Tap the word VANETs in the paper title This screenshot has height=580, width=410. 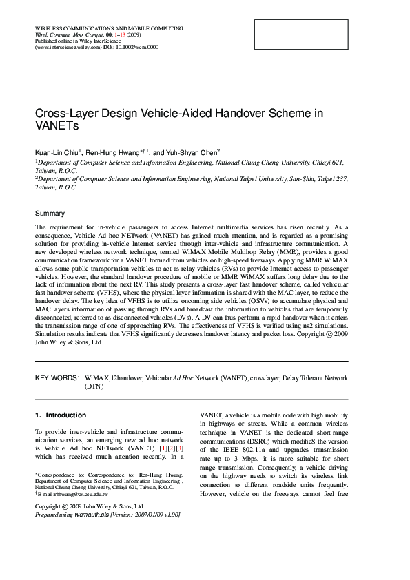point(59,127)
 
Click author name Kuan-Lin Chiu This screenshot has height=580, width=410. point(58,152)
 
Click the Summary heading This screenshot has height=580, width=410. point(50,214)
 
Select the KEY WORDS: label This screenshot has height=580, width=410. point(57,378)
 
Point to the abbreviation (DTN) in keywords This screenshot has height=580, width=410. point(94,387)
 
